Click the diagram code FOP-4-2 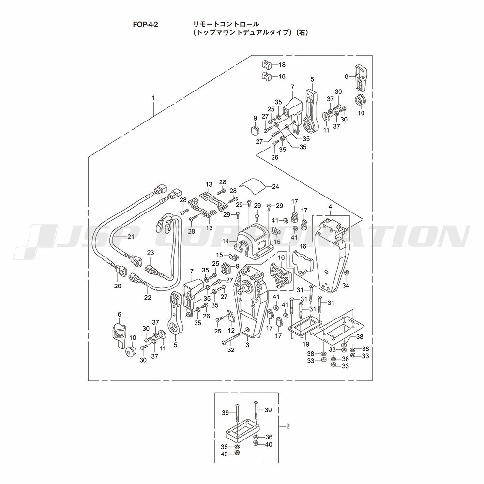(145, 25)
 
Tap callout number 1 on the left (153, 98)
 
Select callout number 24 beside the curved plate (275, 186)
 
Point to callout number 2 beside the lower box (288, 426)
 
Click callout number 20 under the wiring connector (118, 286)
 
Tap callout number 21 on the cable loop (131, 237)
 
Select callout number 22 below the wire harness (148, 298)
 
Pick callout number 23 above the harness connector (151, 253)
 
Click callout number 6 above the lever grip (120, 314)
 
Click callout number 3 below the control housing (247, 345)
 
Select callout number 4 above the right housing (330, 206)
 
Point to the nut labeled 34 (347, 272)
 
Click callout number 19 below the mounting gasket (305, 344)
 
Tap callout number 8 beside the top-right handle (347, 76)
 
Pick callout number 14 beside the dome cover (226, 241)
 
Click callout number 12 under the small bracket (231, 330)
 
